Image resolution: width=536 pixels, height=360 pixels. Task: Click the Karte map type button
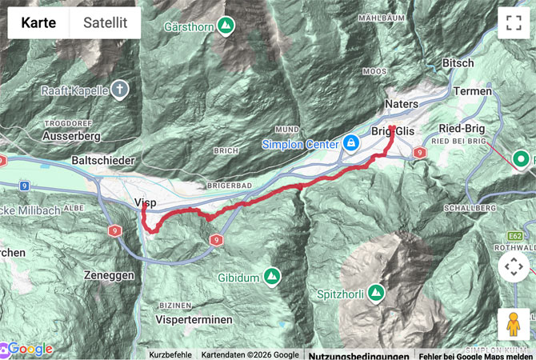coord(38,23)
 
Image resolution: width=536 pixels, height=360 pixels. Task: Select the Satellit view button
coord(105,23)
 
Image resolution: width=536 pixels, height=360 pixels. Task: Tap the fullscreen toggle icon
coord(513,23)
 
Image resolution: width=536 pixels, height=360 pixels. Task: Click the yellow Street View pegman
coord(513,324)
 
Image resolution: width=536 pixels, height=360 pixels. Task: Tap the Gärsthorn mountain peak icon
coord(226,26)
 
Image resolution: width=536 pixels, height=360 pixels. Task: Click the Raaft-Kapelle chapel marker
coord(119,90)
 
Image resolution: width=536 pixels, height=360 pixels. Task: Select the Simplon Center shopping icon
coord(350,143)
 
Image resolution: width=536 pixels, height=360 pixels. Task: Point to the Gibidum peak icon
coord(273,277)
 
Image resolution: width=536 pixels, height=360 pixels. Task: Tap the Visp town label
coord(146,202)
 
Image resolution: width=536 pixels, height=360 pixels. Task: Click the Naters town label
coord(402,103)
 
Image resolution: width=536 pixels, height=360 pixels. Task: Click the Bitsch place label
coord(458,62)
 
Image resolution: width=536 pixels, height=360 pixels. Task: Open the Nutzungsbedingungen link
coord(358,354)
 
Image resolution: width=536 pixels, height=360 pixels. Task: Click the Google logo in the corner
coord(28,349)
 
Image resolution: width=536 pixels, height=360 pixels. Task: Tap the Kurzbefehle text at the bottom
coord(170,354)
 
